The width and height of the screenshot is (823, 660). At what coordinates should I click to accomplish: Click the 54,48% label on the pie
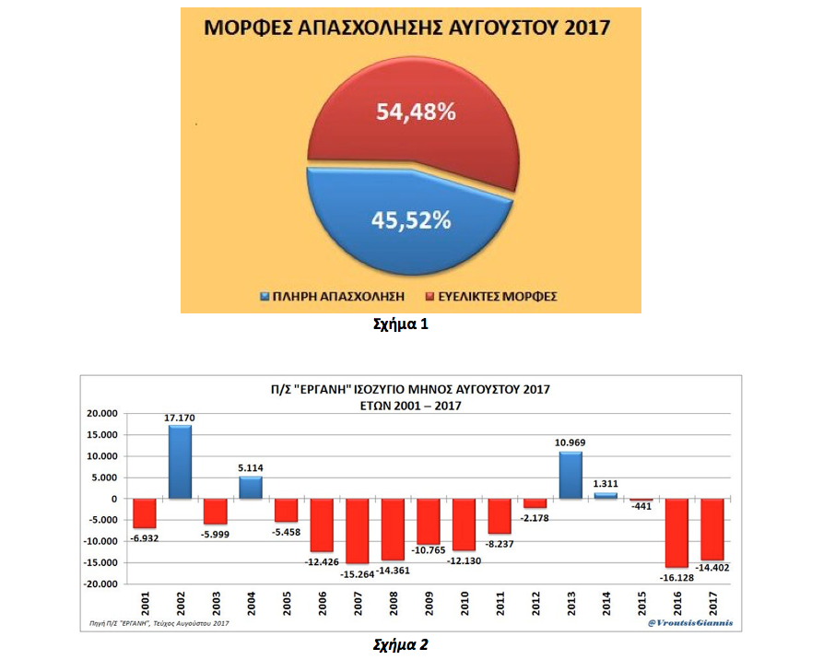[415, 112]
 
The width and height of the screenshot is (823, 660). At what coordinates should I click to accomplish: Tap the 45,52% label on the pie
[411, 220]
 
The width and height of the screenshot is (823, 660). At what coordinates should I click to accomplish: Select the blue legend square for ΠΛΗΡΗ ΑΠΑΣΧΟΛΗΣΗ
[265, 297]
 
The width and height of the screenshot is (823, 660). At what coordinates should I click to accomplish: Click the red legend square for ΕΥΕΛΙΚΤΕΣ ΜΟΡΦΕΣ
[430, 297]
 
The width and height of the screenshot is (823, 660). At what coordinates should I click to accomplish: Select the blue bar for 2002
[181, 462]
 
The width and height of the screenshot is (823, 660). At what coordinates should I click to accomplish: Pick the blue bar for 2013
[570, 476]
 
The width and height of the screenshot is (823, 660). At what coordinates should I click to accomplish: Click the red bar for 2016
[677, 533]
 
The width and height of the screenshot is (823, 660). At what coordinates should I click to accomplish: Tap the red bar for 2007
[359, 531]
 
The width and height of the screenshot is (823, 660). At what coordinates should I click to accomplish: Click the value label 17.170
[181, 418]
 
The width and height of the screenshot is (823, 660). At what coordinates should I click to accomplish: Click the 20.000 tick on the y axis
[103, 414]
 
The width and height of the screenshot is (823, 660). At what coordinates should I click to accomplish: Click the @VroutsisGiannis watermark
[691, 623]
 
